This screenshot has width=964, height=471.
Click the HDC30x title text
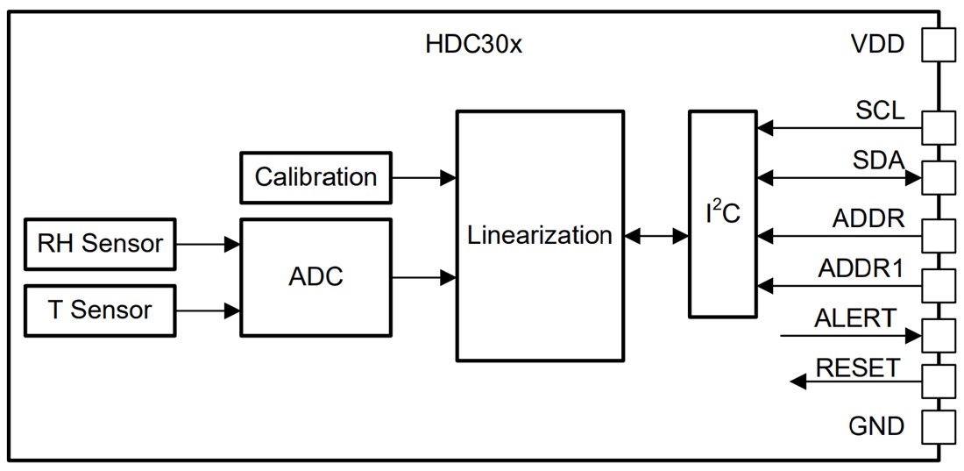pyautogui.click(x=473, y=45)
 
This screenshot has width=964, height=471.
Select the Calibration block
pyautogui.click(x=315, y=176)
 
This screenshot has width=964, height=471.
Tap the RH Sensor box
pyautogui.click(x=100, y=243)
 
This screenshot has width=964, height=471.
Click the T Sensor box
pyautogui.click(x=100, y=310)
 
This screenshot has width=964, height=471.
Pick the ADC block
pyautogui.click(x=315, y=277)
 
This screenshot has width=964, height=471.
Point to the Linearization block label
pyautogui.click(x=539, y=235)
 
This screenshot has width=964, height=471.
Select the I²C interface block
pyautogui.click(x=723, y=213)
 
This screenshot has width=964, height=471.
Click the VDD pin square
pyautogui.click(x=938, y=45)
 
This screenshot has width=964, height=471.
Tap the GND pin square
pyautogui.click(x=938, y=427)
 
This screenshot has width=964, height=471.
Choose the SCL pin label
pyautogui.click(x=880, y=112)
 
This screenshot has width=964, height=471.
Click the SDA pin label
pyautogui.click(x=878, y=161)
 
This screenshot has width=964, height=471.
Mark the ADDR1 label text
pyautogui.click(x=861, y=268)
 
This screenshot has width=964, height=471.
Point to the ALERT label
pyautogui.click(x=855, y=318)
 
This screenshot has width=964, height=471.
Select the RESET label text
pyautogui.click(x=857, y=368)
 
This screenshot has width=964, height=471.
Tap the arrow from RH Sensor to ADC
pyautogui.click(x=208, y=243)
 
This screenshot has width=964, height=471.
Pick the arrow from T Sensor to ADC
pyautogui.click(x=208, y=310)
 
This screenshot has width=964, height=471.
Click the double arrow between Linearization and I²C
pyautogui.click(x=656, y=235)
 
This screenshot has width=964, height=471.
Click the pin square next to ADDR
pyautogui.click(x=938, y=234)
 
